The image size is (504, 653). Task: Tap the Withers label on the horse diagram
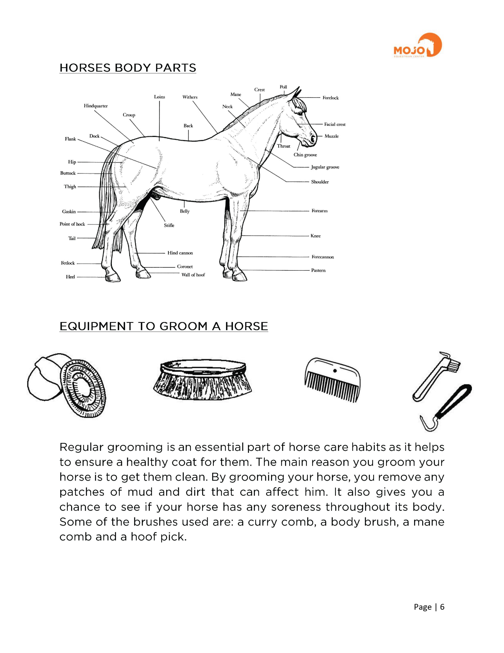coord(190,97)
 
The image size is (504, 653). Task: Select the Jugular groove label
coord(325,167)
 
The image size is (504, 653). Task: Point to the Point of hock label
coord(72,224)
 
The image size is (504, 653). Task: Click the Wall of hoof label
coord(193,275)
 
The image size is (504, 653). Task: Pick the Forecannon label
coord(322,257)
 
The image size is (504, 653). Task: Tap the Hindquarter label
coord(96,106)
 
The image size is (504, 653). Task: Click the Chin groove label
coord(305,155)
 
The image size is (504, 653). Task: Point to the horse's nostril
coord(312,139)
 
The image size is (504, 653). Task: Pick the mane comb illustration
coord(332,379)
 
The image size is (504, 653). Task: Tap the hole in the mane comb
coord(335,371)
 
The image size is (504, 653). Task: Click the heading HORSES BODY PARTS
coord(128,68)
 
